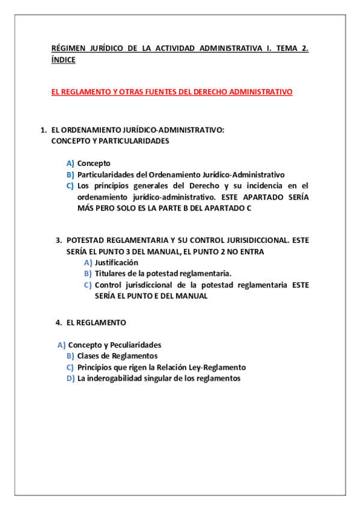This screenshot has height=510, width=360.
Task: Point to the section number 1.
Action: [x=43, y=130]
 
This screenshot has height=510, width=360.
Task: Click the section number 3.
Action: [x=59, y=239]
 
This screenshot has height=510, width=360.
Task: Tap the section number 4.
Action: [x=59, y=322]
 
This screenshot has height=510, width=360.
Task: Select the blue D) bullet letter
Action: [x=70, y=378]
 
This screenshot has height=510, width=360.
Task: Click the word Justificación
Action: [x=117, y=262]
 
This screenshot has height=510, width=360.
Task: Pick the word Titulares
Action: [x=111, y=273]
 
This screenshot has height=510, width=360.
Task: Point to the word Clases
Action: [x=90, y=356]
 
